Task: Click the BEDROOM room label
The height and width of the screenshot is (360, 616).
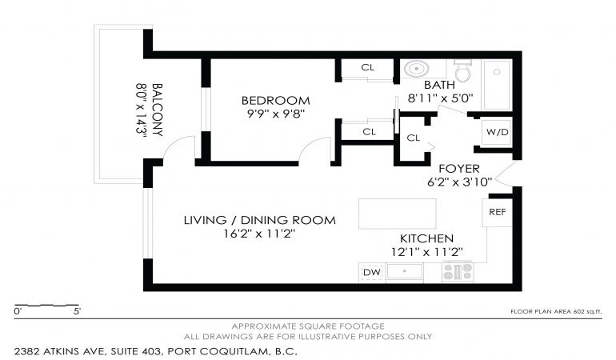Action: click(x=275, y=101)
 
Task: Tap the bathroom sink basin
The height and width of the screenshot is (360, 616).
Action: click(x=416, y=69)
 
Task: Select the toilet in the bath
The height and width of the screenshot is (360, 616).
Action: click(x=462, y=70)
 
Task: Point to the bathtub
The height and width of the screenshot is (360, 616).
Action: click(x=497, y=86)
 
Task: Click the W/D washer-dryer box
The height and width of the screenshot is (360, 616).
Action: click(x=497, y=132)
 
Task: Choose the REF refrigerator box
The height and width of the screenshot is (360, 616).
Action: click(x=498, y=212)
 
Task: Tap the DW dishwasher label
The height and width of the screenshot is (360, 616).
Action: click(x=372, y=272)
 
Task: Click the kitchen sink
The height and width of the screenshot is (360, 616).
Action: click(x=404, y=271)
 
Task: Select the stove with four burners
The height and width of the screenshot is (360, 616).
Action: click(x=458, y=271)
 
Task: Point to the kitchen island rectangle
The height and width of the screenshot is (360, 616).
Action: click(x=397, y=214)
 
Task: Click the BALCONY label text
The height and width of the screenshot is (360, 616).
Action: click(x=157, y=110)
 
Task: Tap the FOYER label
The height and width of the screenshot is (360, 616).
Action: click(x=459, y=169)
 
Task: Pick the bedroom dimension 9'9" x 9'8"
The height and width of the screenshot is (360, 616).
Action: click(x=276, y=114)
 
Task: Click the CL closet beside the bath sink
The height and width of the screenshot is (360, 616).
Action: click(x=368, y=67)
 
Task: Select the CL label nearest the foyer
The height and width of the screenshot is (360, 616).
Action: click(x=414, y=138)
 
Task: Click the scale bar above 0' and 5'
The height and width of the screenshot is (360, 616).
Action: click(x=46, y=306)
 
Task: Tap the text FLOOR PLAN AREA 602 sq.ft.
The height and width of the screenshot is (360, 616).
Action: click(x=556, y=312)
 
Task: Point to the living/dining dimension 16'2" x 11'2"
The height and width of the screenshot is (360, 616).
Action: click(x=259, y=234)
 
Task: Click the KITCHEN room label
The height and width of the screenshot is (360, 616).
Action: click(x=426, y=238)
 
